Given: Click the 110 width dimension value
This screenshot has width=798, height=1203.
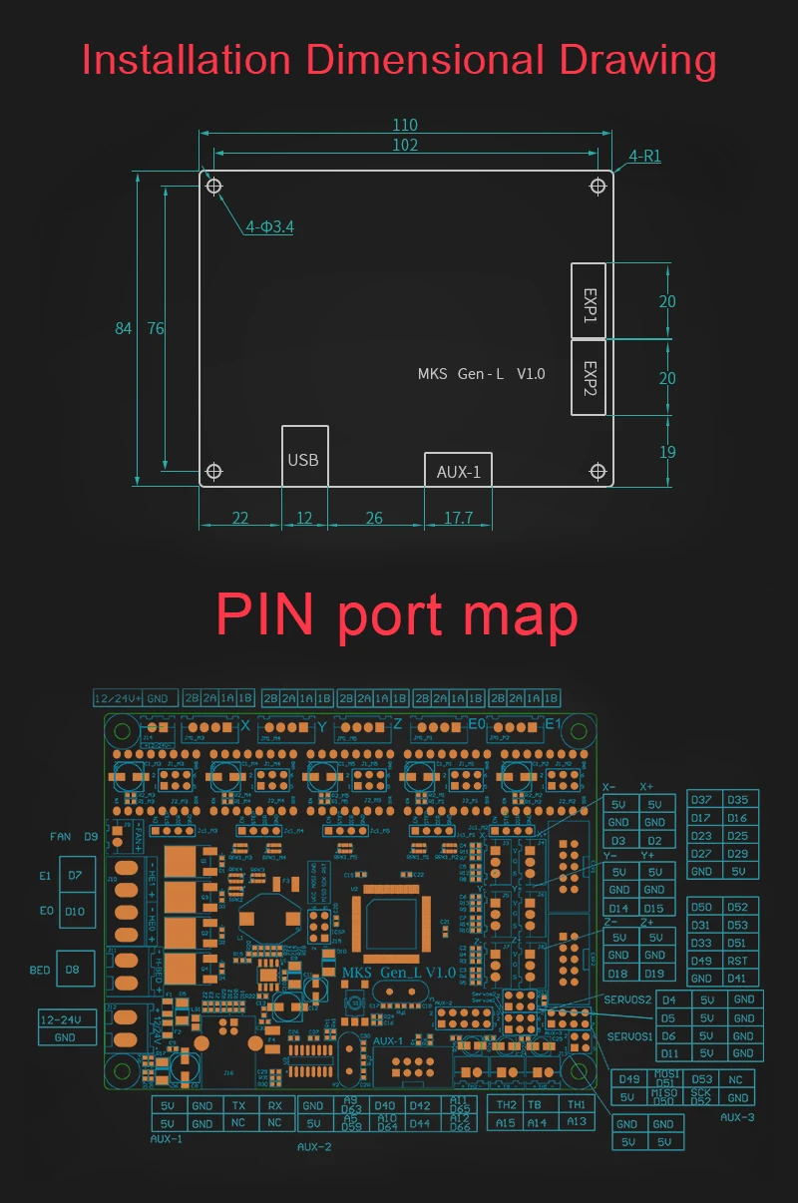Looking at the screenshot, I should [405, 126].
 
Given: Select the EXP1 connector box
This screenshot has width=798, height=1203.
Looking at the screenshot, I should [590, 300].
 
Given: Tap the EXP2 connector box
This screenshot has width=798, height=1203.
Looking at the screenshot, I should [590, 377].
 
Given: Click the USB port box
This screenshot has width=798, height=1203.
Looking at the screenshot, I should [303, 459].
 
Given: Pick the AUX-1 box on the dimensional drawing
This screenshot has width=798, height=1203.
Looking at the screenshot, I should [459, 471].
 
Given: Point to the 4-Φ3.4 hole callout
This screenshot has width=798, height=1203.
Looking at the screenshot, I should [269, 227].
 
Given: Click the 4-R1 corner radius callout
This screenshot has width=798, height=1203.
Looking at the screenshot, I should [644, 157].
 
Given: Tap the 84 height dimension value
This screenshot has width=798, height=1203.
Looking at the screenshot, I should [124, 328].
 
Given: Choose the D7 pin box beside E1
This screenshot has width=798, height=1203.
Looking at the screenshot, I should [76, 875].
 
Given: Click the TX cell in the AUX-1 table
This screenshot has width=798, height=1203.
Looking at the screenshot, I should [239, 1105].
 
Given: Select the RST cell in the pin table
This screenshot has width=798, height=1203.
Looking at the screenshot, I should [737, 961].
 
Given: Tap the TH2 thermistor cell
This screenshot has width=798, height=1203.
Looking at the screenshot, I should [507, 1104].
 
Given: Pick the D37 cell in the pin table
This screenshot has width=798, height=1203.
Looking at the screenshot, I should [701, 800].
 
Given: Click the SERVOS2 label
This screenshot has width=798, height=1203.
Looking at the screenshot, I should [627, 1000].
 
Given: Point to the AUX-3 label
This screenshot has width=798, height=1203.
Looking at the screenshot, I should [737, 1117].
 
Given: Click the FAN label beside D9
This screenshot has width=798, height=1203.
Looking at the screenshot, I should [61, 836].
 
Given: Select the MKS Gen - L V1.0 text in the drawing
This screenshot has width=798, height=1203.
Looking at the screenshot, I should [481, 374].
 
